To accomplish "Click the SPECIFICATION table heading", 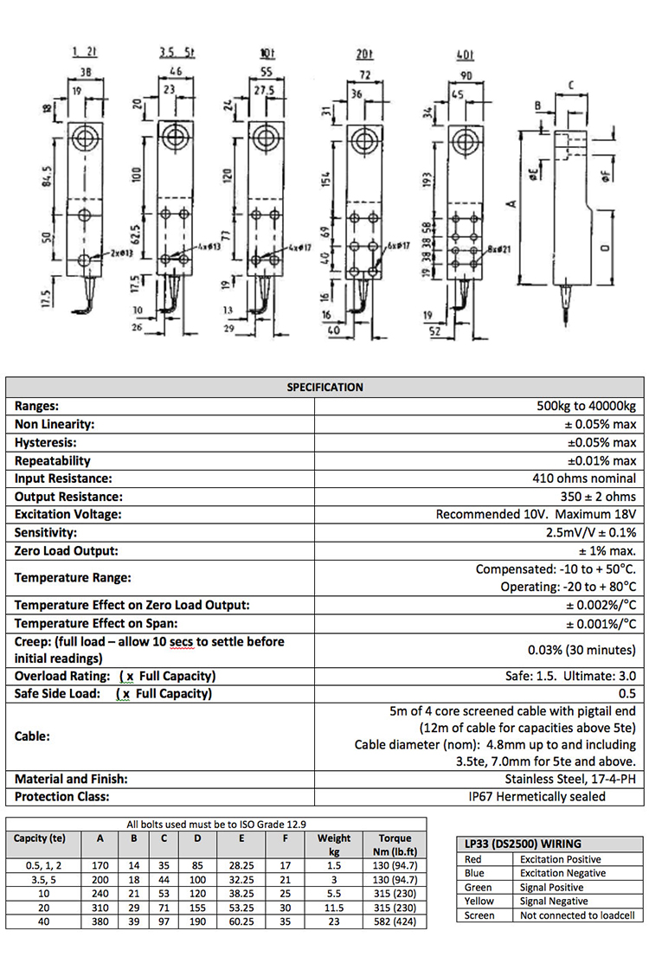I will coord(324,387).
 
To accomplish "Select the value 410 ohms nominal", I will coord(584,478).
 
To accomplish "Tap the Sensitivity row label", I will coord(46,533).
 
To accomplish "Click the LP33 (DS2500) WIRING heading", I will coord(518,844).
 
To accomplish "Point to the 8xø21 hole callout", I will coord(500,250).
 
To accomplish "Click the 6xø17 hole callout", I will coord(397,246).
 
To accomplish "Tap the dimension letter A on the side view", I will coord(512,204).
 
